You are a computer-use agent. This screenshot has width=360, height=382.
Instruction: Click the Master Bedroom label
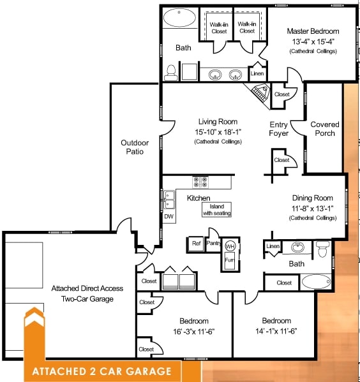coord(313,31)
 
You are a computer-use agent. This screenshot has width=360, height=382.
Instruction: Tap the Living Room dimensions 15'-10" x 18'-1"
coord(218,131)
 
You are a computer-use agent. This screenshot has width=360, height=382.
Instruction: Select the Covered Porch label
coord(325,129)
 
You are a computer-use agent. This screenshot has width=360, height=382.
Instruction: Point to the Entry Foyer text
coord(279,129)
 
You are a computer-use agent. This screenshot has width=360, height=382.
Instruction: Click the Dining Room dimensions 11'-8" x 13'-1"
coord(313,208)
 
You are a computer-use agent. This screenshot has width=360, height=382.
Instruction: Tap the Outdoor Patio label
coord(135,147)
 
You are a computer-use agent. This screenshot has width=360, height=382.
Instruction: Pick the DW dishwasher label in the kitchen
coord(169,217)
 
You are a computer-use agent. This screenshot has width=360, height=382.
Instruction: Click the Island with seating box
coord(217,210)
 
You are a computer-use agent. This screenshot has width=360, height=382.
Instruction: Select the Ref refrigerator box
coord(195,243)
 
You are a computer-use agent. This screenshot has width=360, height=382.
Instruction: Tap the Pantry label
coord(213,243)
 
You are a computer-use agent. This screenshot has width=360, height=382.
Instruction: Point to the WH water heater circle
coord(230,246)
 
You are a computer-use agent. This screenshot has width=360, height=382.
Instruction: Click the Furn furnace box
coord(230,260)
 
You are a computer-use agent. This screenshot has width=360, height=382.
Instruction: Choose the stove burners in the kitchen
coord(200,182)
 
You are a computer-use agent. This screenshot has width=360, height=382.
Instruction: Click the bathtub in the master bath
coord(179,17)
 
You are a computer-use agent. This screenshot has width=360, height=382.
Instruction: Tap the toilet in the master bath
coord(170,73)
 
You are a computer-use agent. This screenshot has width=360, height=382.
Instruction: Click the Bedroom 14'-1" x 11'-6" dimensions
coord(276,331)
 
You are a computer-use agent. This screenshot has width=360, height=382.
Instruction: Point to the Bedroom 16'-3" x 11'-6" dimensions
coord(185,331)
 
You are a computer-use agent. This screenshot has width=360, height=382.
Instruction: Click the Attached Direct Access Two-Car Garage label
coord(87,293)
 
